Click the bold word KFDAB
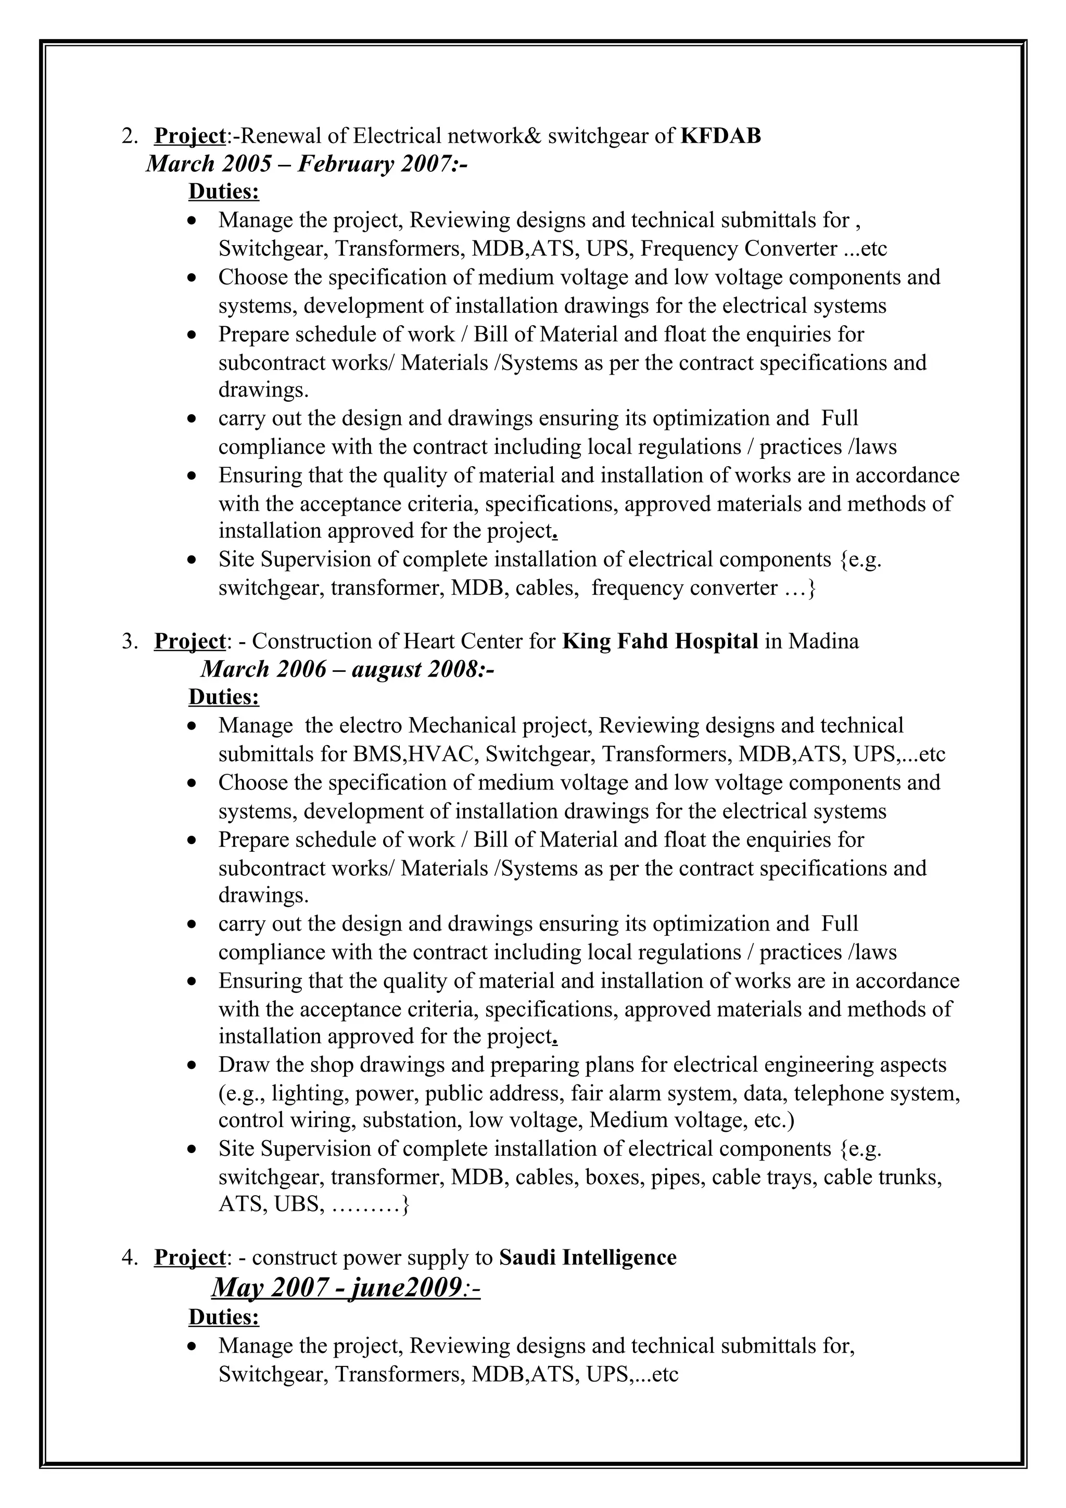720,136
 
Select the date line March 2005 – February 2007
306,163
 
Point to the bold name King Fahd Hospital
660,641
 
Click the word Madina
823,641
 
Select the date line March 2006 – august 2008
347,669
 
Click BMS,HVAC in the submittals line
412,754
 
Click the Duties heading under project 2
223,192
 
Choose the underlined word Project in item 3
189,642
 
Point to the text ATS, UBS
271,1205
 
